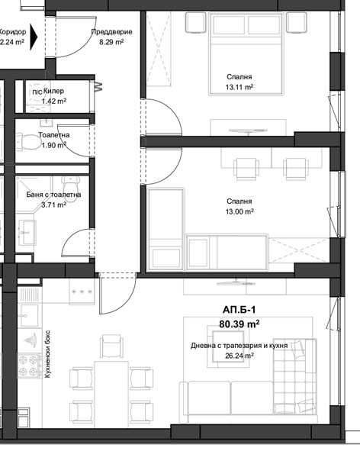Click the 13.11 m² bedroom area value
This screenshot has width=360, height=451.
(239, 88)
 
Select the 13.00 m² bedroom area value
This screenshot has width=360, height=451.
(239, 212)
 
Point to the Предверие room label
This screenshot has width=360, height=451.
(111, 32)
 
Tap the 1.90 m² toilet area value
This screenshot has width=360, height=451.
(53, 144)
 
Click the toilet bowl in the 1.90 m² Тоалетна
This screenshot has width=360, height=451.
(27, 139)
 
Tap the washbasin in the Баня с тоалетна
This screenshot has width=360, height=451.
(27, 227)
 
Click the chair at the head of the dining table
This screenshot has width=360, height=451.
(111, 349)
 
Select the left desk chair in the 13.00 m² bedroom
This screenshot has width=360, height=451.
(245, 164)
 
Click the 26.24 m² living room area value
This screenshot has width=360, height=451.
(239, 356)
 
